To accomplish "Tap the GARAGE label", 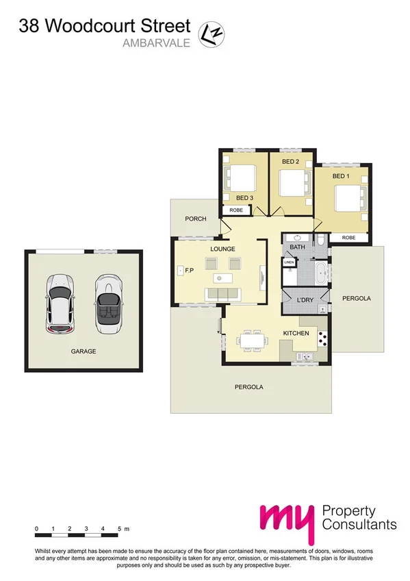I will [x=84, y=351].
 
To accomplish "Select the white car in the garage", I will [x=60, y=304].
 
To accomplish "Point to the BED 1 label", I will [x=341, y=176].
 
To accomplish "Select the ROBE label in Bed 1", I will [x=348, y=237].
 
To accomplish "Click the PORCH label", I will [x=196, y=219].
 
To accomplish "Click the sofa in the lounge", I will [x=223, y=295].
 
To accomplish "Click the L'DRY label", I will [x=305, y=300].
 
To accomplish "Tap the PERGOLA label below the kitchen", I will [x=249, y=387].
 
